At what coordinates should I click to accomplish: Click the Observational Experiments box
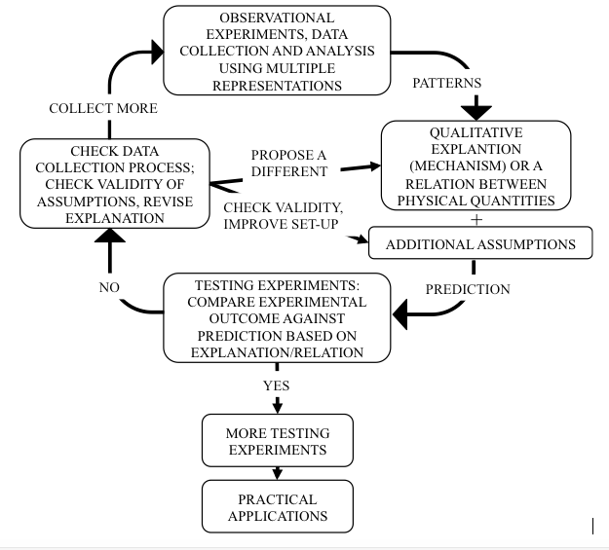[276, 52]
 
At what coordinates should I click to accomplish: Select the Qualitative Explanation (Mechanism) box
[476, 166]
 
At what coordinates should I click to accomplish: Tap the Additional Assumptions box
[479, 244]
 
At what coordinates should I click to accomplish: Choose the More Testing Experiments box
[277, 441]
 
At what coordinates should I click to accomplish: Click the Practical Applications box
[277, 507]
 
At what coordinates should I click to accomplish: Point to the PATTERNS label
[446, 84]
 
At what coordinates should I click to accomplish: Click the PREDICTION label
[468, 289]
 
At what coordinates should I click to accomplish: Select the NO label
[109, 288]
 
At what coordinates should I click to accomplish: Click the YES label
[277, 385]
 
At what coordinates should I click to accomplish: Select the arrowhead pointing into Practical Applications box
[278, 474]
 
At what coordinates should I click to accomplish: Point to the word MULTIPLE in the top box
[306, 68]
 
